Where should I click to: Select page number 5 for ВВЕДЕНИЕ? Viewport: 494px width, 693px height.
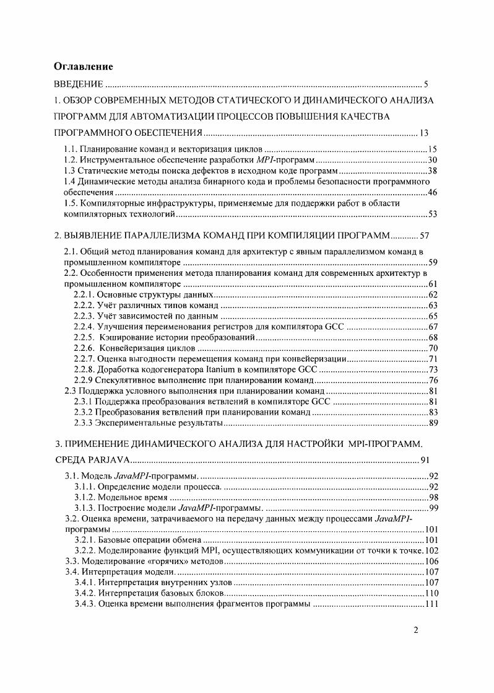point(426,84)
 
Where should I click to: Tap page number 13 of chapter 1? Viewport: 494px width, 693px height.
point(424,133)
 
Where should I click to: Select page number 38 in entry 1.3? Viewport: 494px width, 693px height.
point(433,171)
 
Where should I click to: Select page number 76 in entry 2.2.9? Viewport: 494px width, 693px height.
point(433,380)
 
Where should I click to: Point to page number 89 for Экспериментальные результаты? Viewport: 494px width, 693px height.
point(433,423)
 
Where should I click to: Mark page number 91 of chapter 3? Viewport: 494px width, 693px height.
point(424,461)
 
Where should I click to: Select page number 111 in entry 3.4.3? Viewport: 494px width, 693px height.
point(431,604)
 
